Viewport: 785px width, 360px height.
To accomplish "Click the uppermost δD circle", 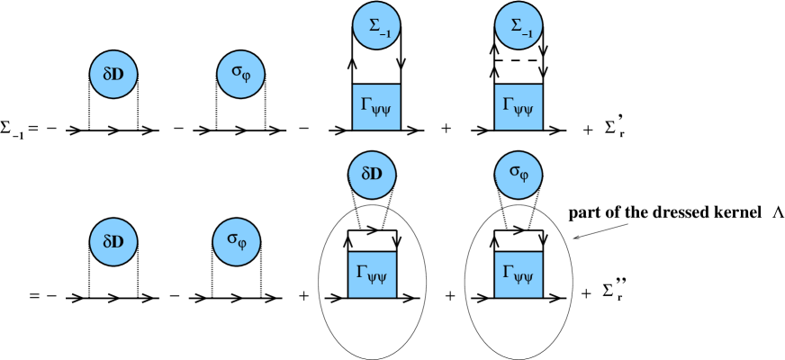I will pyautogui.click(x=113, y=75).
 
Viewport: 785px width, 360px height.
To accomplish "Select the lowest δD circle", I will pyautogui.click(x=113, y=242).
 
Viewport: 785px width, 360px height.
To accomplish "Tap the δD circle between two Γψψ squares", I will pyautogui.click(x=372, y=175).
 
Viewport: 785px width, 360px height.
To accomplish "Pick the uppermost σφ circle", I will pyautogui.click(x=240, y=75).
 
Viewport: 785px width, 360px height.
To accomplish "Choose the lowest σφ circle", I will pyautogui.click(x=237, y=242).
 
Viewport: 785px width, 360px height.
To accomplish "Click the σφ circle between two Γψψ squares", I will pyautogui.click(x=519, y=175).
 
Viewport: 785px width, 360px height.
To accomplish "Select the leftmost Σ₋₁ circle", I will pyautogui.click(x=376, y=26).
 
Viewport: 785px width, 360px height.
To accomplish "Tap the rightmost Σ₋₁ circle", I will pyautogui.click(x=519, y=26).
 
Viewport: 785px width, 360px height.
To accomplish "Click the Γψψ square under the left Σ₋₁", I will pyautogui.click(x=376, y=107).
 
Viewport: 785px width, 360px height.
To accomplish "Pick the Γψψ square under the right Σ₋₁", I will pyautogui.click(x=519, y=107).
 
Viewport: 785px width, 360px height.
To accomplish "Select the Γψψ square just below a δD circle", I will pyautogui.click(x=372, y=274).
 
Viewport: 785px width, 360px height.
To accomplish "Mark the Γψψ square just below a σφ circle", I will pyautogui.click(x=519, y=274).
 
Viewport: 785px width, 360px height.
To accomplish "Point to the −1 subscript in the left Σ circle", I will pyautogui.click(x=385, y=32).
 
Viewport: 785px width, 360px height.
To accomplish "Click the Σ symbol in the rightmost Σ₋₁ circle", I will pyautogui.click(x=514, y=25).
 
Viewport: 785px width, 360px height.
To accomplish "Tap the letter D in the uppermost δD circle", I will pyautogui.click(x=119, y=75).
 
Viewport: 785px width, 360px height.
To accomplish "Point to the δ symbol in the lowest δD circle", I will pyautogui.click(x=107, y=242).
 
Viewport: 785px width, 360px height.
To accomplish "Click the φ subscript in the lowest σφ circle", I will pyautogui.click(x=243, y=245).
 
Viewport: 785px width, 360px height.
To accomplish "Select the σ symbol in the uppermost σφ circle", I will pyautogui.click(x=236, y=72).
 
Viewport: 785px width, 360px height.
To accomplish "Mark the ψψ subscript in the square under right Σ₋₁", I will pyautogui.click(x=526, y=112).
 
